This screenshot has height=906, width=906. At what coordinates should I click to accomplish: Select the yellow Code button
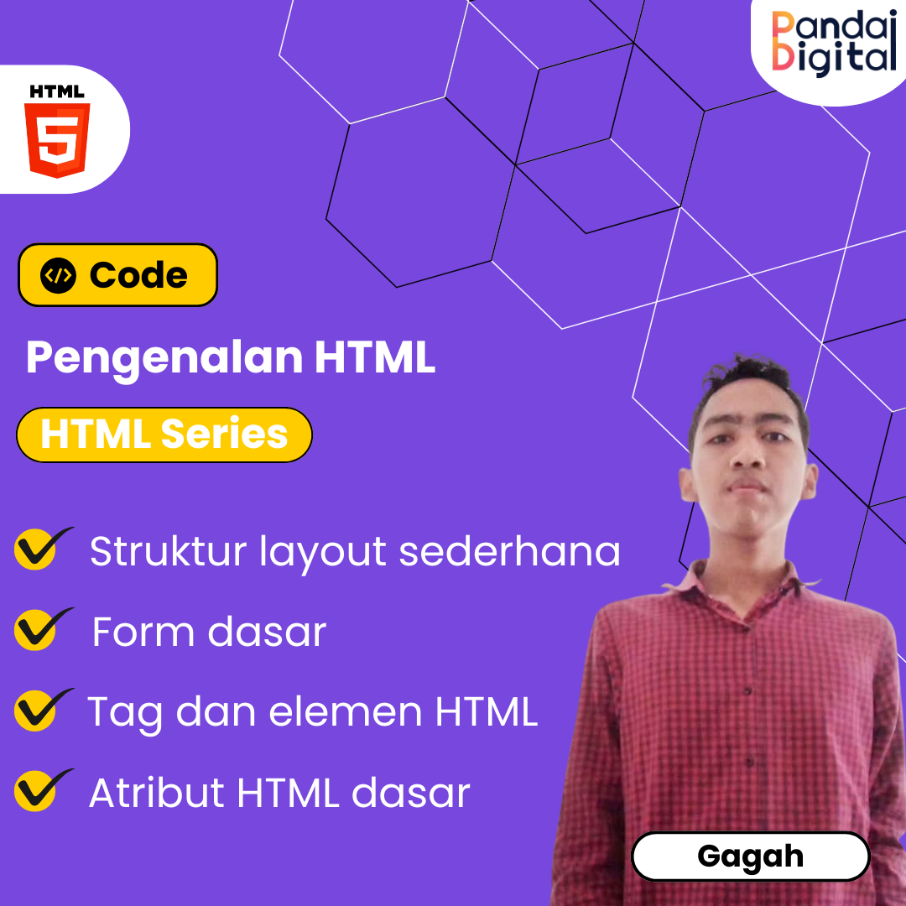point(117,275)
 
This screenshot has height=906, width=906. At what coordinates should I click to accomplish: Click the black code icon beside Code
point(58,276)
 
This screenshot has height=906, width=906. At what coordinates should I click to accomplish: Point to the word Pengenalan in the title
point(164,358)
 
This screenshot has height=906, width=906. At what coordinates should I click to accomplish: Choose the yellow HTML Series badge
point(164,435)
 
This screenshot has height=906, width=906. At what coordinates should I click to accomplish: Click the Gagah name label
point(750,857)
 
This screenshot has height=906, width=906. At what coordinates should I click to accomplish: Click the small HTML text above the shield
point(57,91)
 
